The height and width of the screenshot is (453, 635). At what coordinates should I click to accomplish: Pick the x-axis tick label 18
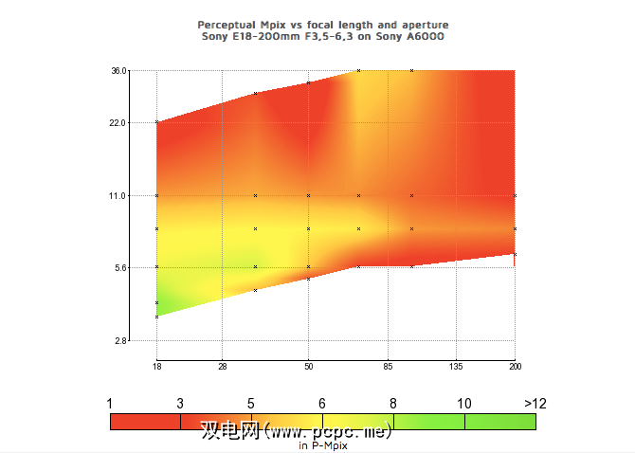pos(156,365)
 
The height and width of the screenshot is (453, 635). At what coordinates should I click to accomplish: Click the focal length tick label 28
pos(222,365)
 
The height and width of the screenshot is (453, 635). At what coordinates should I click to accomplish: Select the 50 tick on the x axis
pos(308,365)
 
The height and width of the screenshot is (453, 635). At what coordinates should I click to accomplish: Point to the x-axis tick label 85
pos(389,365)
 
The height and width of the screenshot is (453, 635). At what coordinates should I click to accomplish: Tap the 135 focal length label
pos(456,365)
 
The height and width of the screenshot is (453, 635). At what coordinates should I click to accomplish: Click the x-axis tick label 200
pos(515,365)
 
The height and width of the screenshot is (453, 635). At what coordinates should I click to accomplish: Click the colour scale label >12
pos(535,403)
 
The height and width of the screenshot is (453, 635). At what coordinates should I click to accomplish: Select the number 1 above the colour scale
pos(110,403)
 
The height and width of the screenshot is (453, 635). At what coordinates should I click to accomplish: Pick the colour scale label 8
pos(393,403)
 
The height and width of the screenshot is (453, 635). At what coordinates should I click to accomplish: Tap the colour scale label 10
pos(464,403)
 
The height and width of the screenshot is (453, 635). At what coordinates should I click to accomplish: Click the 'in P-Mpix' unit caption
pos(323,444)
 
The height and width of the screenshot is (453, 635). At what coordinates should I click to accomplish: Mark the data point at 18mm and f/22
pos(156,122)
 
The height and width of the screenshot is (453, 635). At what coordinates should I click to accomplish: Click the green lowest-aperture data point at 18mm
pos(156,316)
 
